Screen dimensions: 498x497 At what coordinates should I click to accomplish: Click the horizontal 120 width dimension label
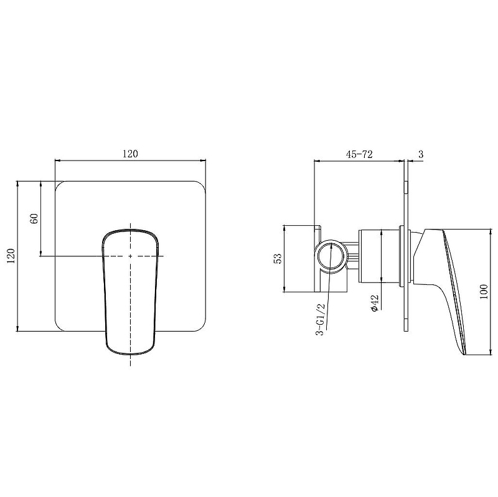pos(130,154)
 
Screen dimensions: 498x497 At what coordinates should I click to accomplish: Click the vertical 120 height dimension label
pos(11,256)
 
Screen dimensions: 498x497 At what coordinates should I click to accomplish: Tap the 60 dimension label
pos(34,218)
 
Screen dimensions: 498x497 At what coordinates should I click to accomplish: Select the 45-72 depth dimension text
pos(359,154)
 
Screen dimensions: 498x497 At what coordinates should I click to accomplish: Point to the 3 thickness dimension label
pos(421,154)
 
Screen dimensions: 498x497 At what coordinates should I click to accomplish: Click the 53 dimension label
pos(277,258)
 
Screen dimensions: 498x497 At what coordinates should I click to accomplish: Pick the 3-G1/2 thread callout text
pos(321,319)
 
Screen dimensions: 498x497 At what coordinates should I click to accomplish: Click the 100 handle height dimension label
pos(484,292)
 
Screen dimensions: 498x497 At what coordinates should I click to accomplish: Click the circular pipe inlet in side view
pos(331,256)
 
